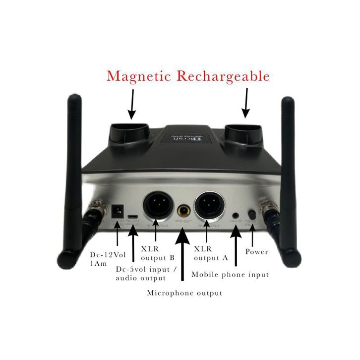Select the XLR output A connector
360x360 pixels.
(x=211, y=205)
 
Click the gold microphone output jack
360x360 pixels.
(x=185, y=210)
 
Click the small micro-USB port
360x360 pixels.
(x=132, y=217)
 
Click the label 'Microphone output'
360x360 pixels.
(x=184, y=293)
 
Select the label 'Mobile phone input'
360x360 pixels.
(x=230, y=274)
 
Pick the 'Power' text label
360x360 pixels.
(x=257, y=252)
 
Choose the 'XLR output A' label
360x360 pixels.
(x=210, y=253)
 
